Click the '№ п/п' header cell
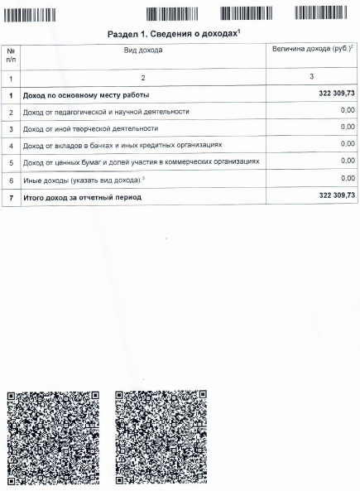(x=11, y=55)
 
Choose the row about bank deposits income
(x=122, y=146)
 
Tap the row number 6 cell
(x=11, y=180)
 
